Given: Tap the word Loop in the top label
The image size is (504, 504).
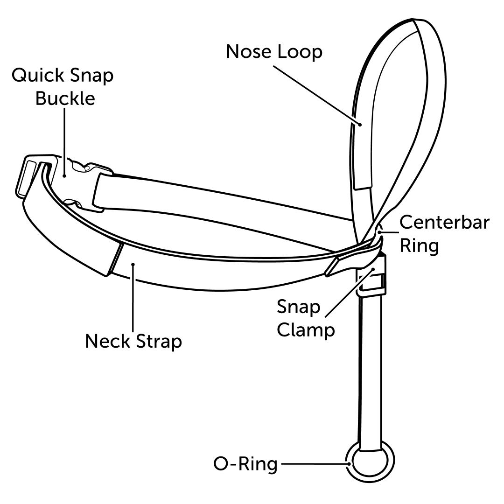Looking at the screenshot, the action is point(301,52).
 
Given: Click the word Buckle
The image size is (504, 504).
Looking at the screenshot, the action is point(65,99).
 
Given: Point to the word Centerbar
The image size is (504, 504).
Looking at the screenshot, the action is point(445,223).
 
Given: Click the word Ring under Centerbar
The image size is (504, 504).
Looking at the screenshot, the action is point(419,246).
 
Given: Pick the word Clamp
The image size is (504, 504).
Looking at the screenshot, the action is point(306,330).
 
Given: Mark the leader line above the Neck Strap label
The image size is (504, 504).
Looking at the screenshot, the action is point(133,299).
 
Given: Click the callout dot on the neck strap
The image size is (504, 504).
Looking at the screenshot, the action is point(133,265).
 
